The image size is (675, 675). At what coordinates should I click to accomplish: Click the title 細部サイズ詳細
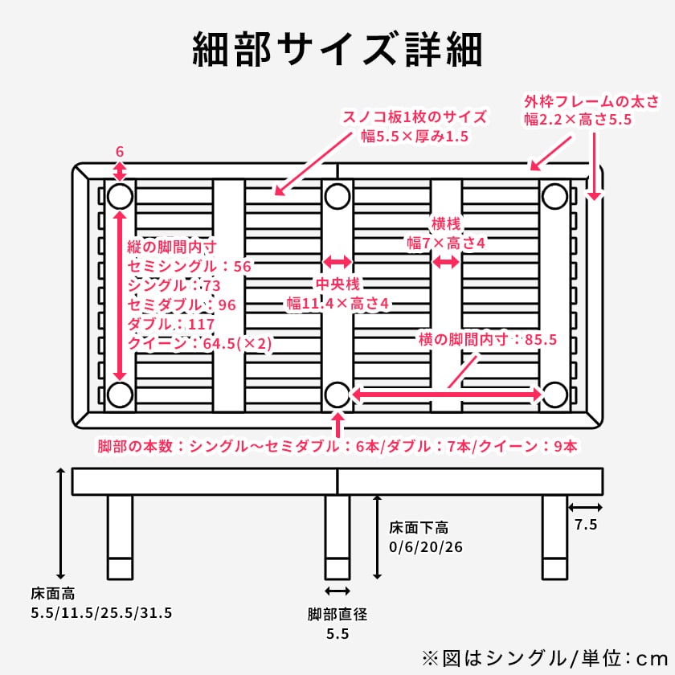click(337, 50)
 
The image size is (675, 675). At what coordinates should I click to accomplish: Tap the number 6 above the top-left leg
click(120, 151)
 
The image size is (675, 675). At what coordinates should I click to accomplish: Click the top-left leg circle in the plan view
click(121, 196)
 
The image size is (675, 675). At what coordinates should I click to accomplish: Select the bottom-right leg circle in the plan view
click(554, 395)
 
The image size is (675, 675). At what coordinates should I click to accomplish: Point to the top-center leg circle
click(337, 196)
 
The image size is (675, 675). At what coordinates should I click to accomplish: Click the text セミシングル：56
click(190, 266)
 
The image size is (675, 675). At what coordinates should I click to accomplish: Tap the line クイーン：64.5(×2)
click(200, 343)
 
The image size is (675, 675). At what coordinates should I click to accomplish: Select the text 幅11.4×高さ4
click(337, 303)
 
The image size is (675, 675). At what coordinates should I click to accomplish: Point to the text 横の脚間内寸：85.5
click(487, 339)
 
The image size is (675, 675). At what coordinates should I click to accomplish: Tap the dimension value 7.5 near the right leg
click(586, 525)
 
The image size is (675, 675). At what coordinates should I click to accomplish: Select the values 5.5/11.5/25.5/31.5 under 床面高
click(101, 613)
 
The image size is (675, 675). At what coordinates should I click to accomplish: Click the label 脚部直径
click(337, 615)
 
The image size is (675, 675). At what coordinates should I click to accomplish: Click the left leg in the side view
click(121, 536)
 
